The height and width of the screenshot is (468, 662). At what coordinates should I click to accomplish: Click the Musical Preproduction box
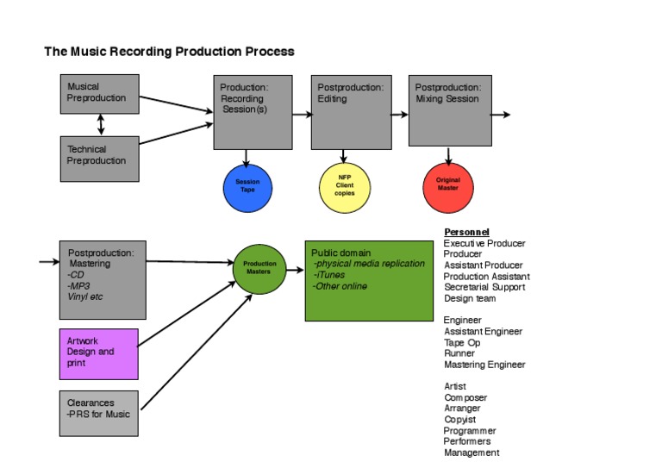100,93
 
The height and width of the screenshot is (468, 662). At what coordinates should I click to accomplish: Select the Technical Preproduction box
100,158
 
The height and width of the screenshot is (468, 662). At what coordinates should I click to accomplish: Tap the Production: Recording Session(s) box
253,112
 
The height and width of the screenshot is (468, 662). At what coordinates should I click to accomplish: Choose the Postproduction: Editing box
351,112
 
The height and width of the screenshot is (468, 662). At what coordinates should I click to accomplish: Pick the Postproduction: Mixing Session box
448,110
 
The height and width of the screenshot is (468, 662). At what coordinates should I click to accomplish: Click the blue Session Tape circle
247,187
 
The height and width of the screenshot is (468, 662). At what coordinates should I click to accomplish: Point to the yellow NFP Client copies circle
345,187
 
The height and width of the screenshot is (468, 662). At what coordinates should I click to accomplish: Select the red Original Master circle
448,187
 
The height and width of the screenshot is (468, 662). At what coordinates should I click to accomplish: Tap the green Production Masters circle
259,269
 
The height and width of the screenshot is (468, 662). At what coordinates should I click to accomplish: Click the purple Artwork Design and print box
99,353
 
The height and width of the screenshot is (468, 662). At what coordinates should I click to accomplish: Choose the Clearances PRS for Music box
99,412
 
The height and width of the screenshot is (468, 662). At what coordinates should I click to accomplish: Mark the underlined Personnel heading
466,233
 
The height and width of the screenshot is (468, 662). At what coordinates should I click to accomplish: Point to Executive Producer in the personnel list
485,244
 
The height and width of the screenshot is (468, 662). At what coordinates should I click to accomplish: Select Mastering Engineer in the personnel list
484,365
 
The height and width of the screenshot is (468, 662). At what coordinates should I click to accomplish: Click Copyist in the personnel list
461,420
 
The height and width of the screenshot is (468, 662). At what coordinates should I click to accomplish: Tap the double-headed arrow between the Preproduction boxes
101,125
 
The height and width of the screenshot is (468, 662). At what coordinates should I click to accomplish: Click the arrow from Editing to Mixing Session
400,114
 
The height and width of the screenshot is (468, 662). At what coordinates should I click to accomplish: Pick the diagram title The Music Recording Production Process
169,52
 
